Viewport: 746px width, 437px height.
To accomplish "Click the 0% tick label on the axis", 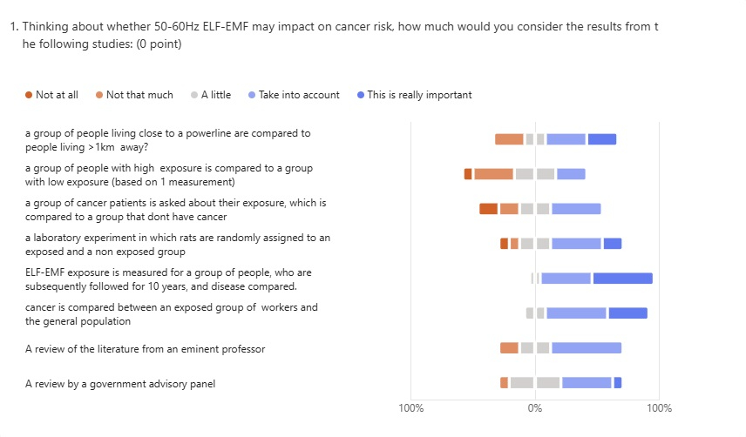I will (535, 407).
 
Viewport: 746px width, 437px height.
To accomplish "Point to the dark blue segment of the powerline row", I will (601, 139).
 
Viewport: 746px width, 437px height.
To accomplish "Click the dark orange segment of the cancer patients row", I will (488, 209).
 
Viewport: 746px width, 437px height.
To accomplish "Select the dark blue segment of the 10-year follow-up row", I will (622, 279).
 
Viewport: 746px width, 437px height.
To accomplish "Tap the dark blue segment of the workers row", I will (627, 313).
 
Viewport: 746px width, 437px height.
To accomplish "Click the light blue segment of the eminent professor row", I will (586, 348).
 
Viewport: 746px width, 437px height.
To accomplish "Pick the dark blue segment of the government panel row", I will (618, 383).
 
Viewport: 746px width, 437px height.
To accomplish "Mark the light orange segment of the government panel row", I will (504, 383).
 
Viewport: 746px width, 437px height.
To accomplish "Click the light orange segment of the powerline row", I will (509, 139).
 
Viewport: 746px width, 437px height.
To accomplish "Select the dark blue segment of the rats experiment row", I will (613, 244).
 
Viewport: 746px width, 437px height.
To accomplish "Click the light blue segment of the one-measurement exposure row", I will (571, 174).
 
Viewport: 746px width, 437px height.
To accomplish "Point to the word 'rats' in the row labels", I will (215, 238).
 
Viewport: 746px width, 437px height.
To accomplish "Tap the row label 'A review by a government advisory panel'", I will (120, 384).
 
